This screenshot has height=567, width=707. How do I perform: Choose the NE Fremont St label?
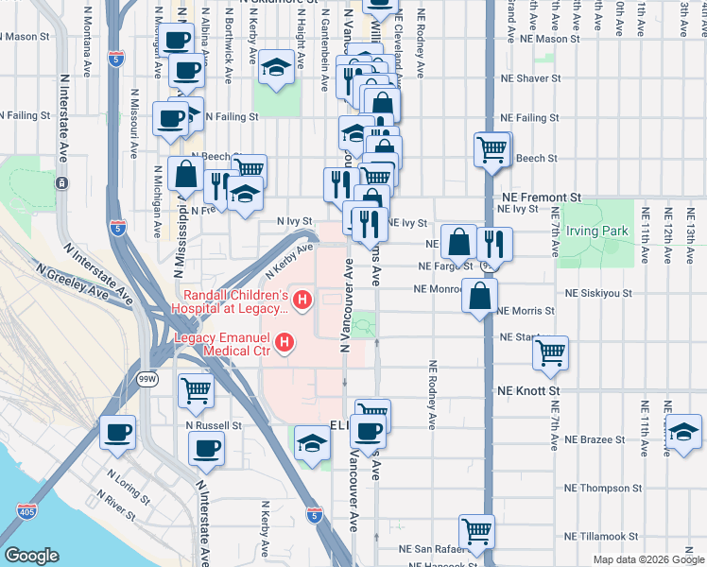(x=536, y=197)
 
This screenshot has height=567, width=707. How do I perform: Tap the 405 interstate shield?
(x=22, y=511)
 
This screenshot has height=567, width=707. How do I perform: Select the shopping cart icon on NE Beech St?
(x=492, y=147)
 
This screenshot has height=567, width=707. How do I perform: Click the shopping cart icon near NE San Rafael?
(x=476, y=530)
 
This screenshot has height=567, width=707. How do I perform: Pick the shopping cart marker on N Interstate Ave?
(x=196, y=387)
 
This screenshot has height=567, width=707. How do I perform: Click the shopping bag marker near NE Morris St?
(x=480, y=295)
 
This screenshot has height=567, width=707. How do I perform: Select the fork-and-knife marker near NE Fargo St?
(x=494, y=243)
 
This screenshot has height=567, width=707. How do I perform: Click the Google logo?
(x=32, y=556)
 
